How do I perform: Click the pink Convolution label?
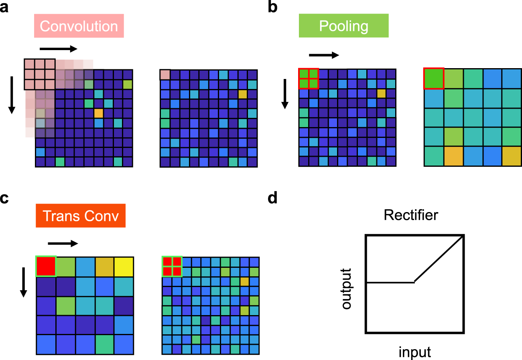(x=79, y=26)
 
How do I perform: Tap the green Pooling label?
(x=343, y=26)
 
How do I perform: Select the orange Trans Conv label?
(x=81, y=216)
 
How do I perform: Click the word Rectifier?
(x=411, y=215)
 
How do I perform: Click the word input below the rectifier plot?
(x=414, y=352)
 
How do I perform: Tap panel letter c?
(x=4, y=198)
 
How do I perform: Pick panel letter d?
(x=273, y=198)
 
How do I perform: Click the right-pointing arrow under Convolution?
(x=58, y=49)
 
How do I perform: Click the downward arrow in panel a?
(x=12, y=95)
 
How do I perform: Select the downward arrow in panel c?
(x=24, y=282)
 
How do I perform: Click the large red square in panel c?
(x=46, y=266)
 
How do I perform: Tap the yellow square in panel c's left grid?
(x=124, y=266)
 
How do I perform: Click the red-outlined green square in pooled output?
(x=434, y=78)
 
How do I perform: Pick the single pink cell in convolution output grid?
(x=165, y=75)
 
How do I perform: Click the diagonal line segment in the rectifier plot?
(x=439, y=259)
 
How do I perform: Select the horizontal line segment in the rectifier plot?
(x=390, y=283)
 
